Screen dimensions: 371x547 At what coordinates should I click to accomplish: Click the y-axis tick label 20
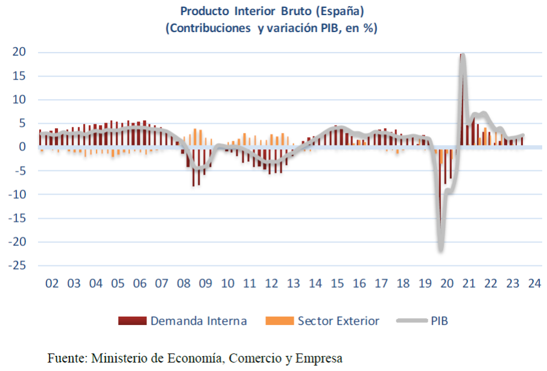point(19,52)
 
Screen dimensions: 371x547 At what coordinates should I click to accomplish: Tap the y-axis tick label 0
point(22,147)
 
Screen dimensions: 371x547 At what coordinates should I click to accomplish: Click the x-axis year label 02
point(52,284)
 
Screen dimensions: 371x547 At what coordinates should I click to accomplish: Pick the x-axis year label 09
point(206,284)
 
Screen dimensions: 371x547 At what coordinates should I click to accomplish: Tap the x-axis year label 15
point(338,284)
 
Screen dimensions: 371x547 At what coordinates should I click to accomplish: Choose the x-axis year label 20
point(447,284)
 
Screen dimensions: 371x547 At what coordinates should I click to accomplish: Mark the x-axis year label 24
point(534,284)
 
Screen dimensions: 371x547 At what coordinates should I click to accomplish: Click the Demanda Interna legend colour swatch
point(132,321)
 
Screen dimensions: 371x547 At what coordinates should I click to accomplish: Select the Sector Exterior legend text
point(338,321)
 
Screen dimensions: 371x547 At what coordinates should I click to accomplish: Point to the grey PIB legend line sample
point(411,321)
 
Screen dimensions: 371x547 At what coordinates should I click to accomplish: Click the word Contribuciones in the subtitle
point(206,28)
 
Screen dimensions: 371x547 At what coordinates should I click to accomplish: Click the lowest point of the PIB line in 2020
point(441,249)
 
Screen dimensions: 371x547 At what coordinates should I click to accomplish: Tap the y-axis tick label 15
point(19,76)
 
